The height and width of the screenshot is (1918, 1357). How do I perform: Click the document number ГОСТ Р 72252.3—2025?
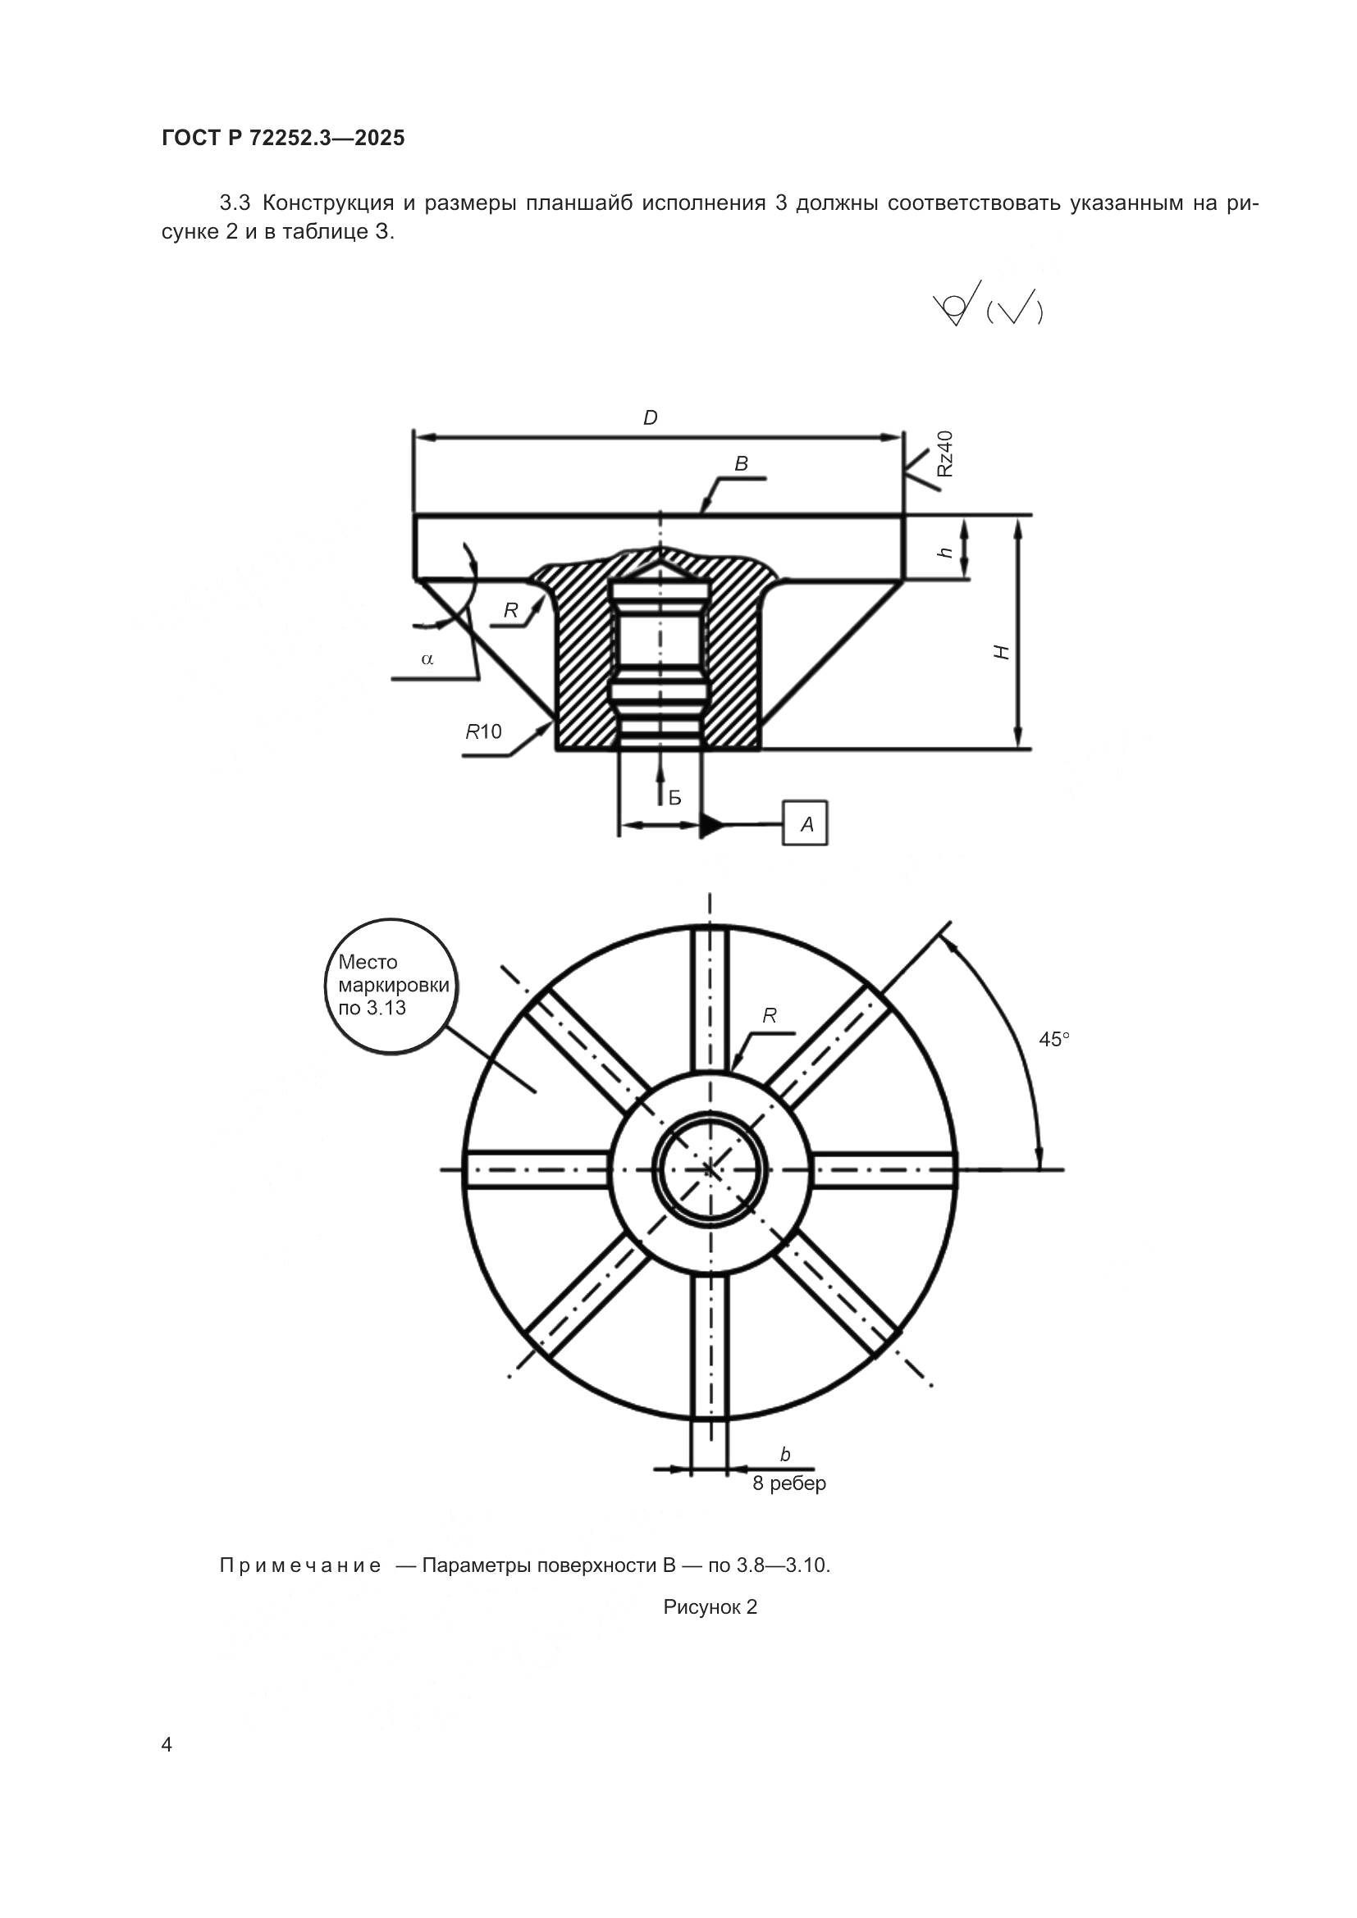click(x=282, y=138)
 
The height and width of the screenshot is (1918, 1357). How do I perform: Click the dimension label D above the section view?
click(x=650, y=418)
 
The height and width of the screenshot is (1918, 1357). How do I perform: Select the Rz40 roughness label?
click(x=944, y=453)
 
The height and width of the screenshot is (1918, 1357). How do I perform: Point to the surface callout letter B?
click(x=741, y=463)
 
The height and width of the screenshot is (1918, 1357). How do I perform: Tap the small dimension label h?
click(x=947, y=551)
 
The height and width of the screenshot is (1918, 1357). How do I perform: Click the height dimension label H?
click(x=1002, y=653)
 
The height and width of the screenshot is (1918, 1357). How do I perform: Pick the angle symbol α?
click(x=427, y=659)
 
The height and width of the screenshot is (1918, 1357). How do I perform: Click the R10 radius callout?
click(x=484, y=731)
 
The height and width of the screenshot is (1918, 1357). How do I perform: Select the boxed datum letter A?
click(x=806, y=824)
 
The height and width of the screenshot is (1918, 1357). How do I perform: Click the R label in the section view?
click(x=510, y=611)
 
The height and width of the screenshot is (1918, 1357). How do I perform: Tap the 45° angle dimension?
click(x=1053, y=1039)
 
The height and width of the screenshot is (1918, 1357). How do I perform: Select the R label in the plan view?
click(x=770, y=1016)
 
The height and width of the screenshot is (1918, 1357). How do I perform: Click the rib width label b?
click(x=784, y=1455)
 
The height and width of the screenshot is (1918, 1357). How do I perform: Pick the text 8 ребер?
click(x=788, y=1483)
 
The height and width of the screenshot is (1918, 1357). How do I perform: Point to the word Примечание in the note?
click(x=300, y=1565)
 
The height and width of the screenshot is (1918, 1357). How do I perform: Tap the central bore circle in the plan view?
click(x=710, y=1169)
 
